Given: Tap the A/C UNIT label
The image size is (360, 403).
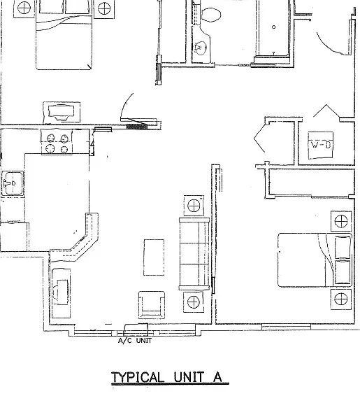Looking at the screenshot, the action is (x=135, y=341).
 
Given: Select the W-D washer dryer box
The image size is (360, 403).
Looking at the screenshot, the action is (x=321, y=146).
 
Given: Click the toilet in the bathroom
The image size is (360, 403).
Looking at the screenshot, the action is (x=211, y=15).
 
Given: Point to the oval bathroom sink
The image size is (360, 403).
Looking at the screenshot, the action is (x=201, y=48).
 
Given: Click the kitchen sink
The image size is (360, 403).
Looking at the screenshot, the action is (x=13, y=183).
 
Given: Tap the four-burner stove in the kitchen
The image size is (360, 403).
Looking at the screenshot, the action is (x=57, y=142).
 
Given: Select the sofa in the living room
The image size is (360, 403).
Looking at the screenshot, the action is (x=194, y=254).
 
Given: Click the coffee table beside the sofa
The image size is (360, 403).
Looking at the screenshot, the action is (x=154, y=257).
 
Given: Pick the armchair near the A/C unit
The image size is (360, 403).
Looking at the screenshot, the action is (x=152, y=305).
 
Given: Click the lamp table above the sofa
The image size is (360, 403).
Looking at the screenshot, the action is (x=194, y=206).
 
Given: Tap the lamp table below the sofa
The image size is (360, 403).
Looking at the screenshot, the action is (x=194, y=302).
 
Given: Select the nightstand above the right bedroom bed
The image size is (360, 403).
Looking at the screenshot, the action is (x=341, y=221).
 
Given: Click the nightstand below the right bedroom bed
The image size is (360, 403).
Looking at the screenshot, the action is (x=340, y=299).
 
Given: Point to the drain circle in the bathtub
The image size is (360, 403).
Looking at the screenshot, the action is (x=274, y=27).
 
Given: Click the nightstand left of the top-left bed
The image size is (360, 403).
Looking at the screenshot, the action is (x=24, y=8).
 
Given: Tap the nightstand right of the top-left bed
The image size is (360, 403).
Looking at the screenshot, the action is (x=104, y=8).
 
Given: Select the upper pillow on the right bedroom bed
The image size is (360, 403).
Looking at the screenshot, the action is (x=343, y=247).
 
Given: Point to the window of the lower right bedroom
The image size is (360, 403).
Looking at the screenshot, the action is (x=287, y=327).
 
